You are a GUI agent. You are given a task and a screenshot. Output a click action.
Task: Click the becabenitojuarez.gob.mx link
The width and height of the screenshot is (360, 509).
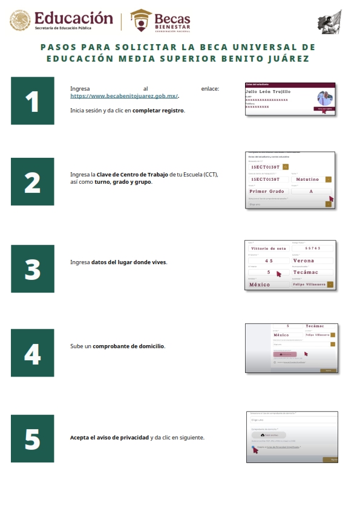(x=125, y=96)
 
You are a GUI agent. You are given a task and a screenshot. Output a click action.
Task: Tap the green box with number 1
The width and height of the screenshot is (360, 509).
(x=32, y=101)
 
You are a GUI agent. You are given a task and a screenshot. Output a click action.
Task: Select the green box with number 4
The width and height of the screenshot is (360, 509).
(x=32, y=352)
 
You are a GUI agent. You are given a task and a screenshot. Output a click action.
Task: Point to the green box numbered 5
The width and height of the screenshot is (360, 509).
(x=32, y=438)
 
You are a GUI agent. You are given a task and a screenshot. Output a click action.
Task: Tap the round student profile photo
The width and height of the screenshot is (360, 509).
(x=324, y=99)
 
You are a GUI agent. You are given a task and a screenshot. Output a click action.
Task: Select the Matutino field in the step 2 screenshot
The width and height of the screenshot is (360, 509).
(x=307, y=179)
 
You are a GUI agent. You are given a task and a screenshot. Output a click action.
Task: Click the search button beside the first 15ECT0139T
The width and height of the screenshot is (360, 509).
(x=286, y=166)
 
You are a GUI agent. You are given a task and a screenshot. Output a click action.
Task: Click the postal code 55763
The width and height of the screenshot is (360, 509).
(x=312, y=248)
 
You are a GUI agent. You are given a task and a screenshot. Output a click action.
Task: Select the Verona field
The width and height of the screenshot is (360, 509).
(x=312, y=261)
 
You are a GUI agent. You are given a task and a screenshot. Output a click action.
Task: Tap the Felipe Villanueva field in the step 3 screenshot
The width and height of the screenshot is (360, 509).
(x=309, y=284)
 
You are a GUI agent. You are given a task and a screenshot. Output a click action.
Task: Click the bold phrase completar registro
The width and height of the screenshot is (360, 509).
(x=159, y=111)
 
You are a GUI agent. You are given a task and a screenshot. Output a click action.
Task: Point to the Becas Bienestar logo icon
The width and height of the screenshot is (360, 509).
(x=142, y=21)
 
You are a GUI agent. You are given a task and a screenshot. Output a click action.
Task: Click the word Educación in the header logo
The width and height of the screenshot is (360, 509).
(x=74, y=18)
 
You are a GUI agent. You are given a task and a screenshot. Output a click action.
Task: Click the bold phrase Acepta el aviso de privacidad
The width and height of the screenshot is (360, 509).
(x=110, y=437)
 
